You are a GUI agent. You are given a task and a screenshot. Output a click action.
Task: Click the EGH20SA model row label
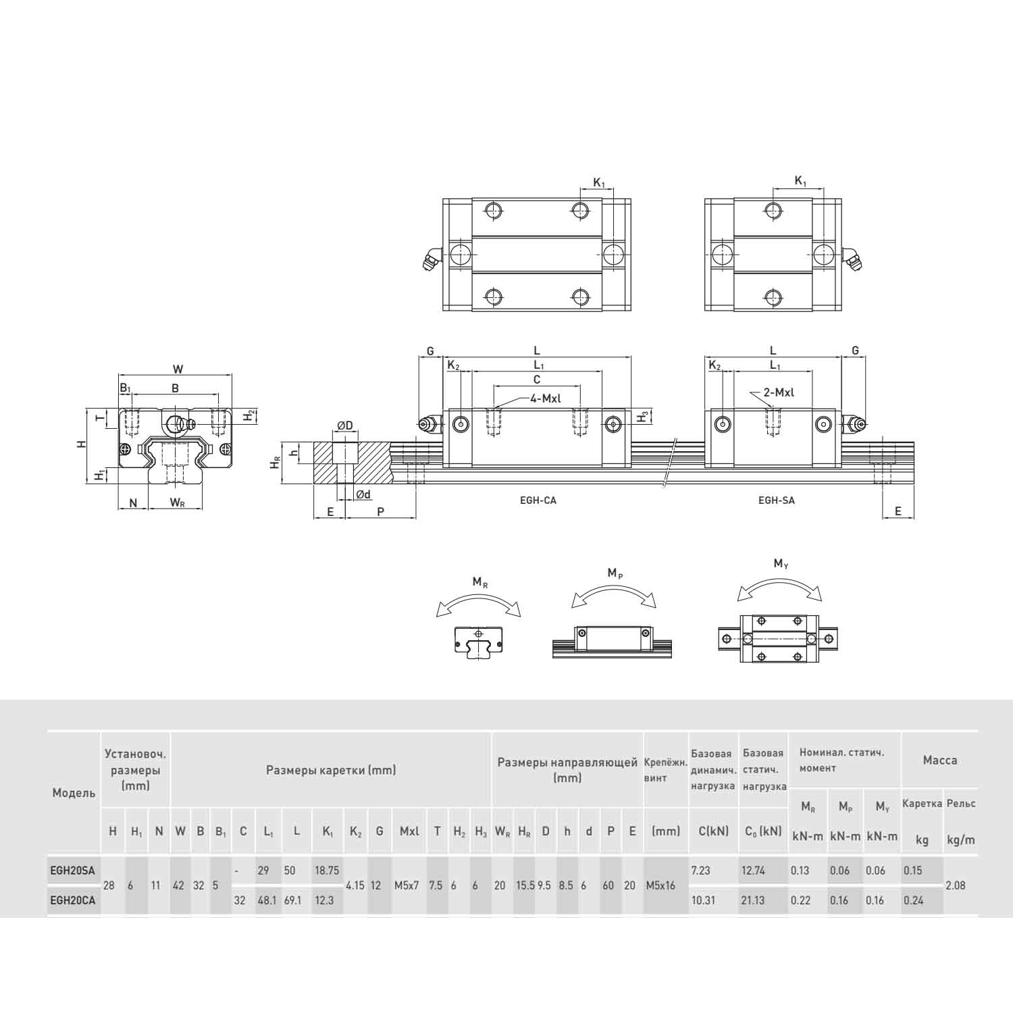(x=72, y=871)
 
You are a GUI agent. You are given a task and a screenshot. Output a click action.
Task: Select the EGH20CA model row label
(x=72, y=900)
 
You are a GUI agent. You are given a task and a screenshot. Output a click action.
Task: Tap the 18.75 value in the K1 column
(x=327, y=871)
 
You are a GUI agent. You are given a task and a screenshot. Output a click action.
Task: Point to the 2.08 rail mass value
(x=956, y=885)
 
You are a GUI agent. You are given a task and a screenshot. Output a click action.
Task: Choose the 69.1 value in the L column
(x=292, y=900)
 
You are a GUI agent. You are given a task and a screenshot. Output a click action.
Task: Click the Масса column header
(x=940, y=760)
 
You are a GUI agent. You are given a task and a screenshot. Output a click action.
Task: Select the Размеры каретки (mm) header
(x=331, y=770)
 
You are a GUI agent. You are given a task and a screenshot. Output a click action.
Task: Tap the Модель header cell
(x=74, y=793)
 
